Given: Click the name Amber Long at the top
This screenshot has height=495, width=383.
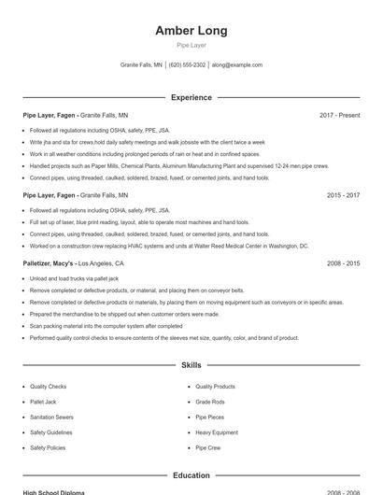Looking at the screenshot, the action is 191,31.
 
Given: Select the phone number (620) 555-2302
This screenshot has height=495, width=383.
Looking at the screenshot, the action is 187,65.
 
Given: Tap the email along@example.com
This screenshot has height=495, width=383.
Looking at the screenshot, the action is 236,65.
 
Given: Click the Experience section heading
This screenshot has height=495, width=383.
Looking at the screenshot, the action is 191,97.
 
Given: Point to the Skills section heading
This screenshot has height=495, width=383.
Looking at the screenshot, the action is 191,365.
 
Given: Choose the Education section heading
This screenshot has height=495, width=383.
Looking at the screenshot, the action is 191,475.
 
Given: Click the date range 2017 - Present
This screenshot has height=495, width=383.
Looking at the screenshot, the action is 339,115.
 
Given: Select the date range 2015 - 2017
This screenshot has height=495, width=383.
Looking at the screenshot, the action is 343,195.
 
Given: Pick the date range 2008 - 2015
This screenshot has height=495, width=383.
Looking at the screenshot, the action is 343,263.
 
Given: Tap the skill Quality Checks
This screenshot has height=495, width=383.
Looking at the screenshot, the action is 48,386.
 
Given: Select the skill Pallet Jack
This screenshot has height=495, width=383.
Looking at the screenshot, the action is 43,402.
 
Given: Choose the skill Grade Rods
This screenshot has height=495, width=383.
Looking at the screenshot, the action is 210,402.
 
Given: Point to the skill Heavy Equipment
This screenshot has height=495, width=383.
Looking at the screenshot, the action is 217,432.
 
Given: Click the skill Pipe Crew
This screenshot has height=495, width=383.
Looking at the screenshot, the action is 208,447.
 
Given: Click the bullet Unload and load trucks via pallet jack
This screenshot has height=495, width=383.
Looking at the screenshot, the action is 74,278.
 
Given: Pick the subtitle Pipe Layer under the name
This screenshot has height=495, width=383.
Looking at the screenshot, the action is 191,45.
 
